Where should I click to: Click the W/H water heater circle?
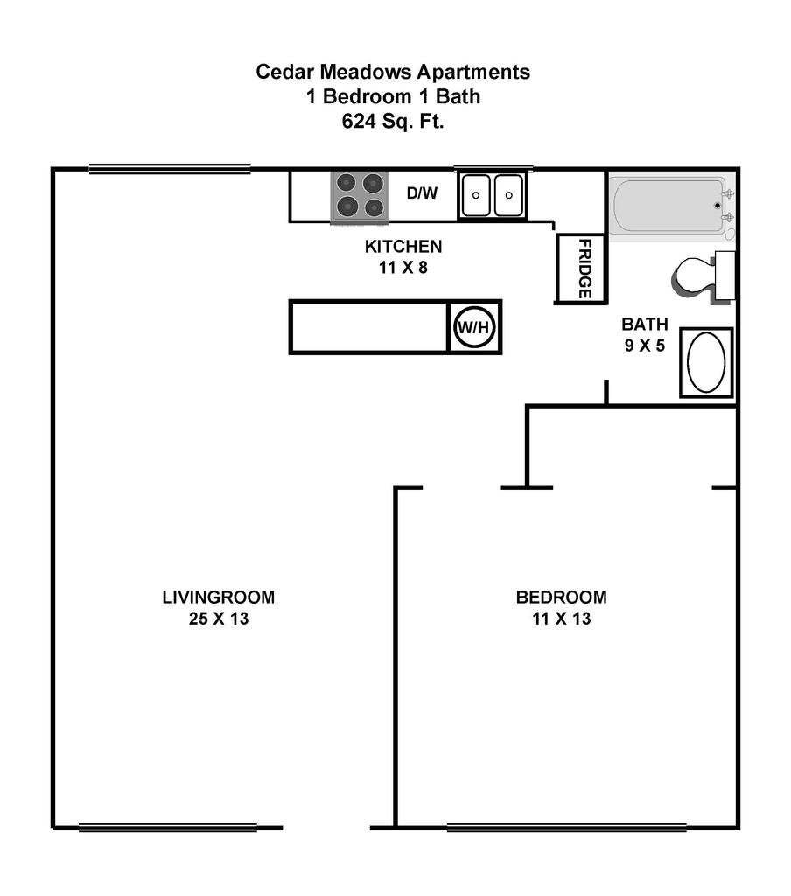coord(475,327)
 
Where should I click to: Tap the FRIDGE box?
coord(580,269)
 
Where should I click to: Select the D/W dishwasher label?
coord(422,193)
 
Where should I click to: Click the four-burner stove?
coord(358,195)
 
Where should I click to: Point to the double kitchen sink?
coord(492,194)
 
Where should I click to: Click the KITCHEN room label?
coord(403,247)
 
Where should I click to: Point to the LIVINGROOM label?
coord(218,598)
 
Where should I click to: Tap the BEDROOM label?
coord(561,598)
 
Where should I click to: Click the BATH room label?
coord(645,324)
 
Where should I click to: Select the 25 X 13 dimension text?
coord(218,619)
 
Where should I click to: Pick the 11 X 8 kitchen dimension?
coord(403,269)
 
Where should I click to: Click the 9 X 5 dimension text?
coord(645,346)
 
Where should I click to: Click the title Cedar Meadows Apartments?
coord(393,72)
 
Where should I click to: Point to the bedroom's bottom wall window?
coord(566,827)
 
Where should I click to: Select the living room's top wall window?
coord(170,169)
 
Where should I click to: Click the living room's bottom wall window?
coord(168,827)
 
